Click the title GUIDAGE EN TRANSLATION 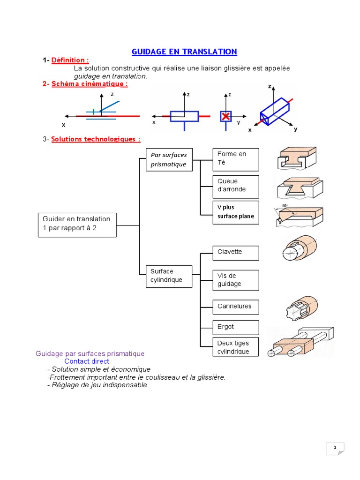pyautogui.click(x=184, y=52)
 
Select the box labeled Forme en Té pyautogui.click(x=236, y=159)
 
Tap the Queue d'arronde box pyautogui.click(x=236, y=187)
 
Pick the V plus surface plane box pyautogui.click(x=236, y=212)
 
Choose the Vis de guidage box pyautogui.click(x=236, y=280)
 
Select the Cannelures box pyautogui.click(x=236, y=307)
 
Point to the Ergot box pyautogui.click(x=236, y=327)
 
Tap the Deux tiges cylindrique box pyautogui.click(x=236, y=347)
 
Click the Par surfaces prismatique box pyautogui.click(x=169, y=160)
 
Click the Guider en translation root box pyautogui.click(x=77, y=225)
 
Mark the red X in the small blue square pyautogui.click(x=226, y=116)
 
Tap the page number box pyautogui.click(x=335, y=449)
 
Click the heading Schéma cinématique pyautogui.click(x=89, y=83)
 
